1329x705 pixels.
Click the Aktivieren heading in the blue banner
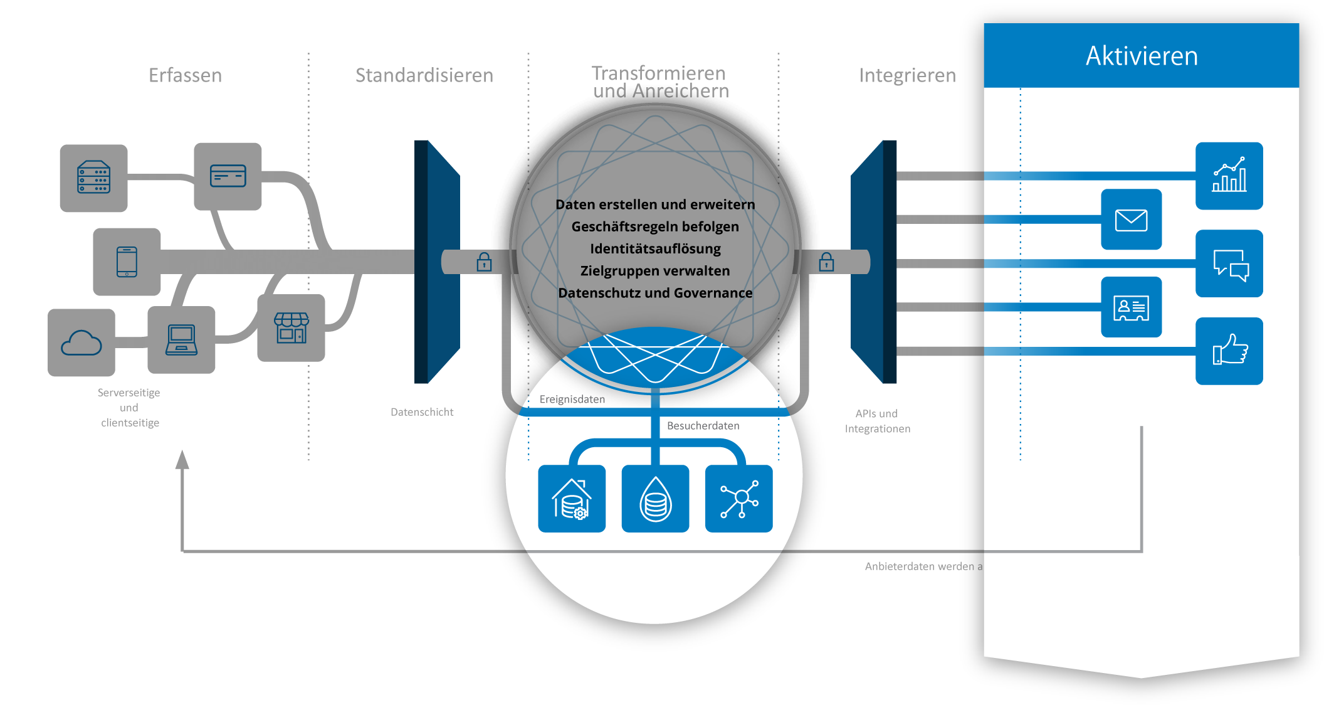pos(1142,56)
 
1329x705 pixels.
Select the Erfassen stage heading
pos(185,76)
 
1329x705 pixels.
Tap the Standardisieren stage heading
pos(424,76)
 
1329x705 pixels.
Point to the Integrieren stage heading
pos(907,76)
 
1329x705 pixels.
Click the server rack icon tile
pos(94,178)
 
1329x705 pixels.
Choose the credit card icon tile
pos(228,176)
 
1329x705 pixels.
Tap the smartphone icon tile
pos(127,262)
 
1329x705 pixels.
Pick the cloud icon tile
pos(81,343)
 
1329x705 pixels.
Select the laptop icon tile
pos(181,340)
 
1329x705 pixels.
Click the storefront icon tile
pos(291,328)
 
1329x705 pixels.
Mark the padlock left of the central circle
pos(484,262)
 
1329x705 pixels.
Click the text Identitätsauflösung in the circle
pos(655,249)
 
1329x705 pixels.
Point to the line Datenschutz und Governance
pos(655,293)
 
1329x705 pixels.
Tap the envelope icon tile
pos(1131,220)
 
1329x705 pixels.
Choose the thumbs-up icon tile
pos(1229,351)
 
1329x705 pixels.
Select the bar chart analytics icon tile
pos(1229,176)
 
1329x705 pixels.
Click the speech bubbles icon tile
pos(1229,263)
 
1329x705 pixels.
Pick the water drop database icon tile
pos(655,499)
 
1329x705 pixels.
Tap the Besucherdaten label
pos(703,426)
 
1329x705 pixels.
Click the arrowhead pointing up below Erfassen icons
pos(182,460)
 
